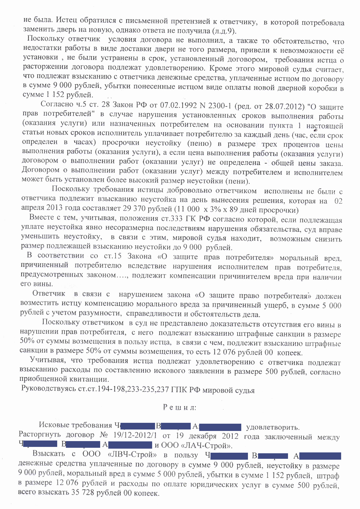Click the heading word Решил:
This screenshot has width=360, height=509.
[179, 407]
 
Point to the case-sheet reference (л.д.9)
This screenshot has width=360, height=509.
[224, 31]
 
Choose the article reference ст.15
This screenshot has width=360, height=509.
[112, 256]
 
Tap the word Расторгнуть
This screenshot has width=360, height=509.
[40, 435]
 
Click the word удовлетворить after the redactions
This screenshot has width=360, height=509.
[272, 427]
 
